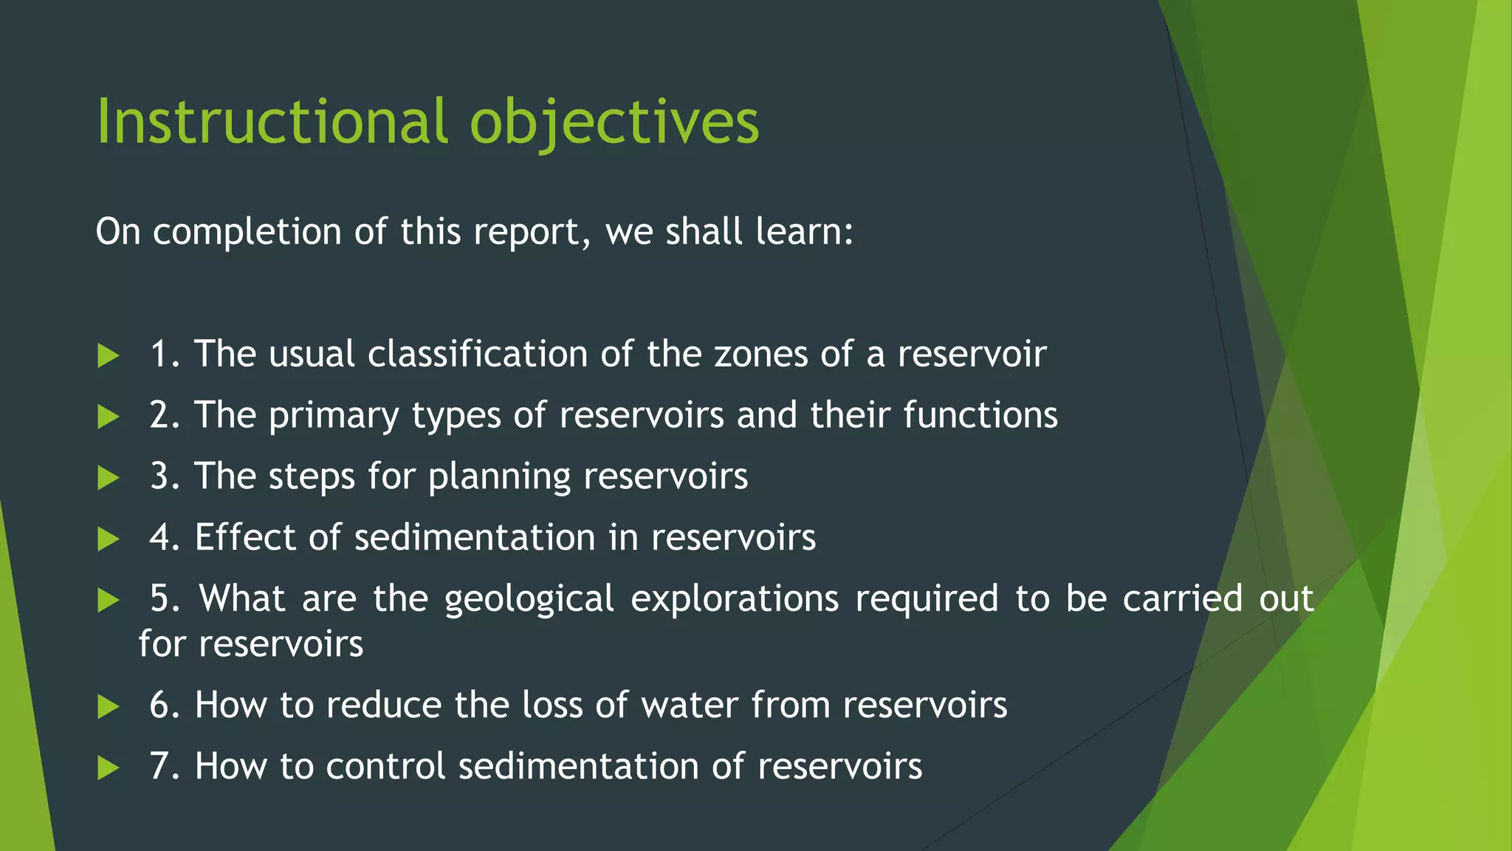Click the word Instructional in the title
coord(272,121)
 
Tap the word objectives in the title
coord(614,123)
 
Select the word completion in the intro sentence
coord(247,232)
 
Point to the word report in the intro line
coord(530,232)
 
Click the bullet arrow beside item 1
coord(109,356)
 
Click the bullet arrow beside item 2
coord(109,417)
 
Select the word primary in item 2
coord(334,416)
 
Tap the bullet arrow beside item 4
coord(109,539)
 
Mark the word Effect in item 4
coord(245,537)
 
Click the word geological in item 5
coord(529,599)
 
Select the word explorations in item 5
coord(735,599)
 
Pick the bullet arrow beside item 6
coord(109,708)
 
